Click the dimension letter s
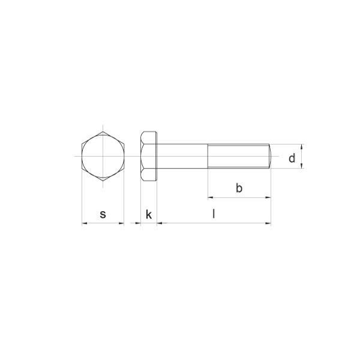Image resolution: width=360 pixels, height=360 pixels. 103,214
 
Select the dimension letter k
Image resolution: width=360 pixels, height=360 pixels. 149,214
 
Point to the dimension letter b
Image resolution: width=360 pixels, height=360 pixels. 239,188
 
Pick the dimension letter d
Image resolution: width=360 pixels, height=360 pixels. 292,158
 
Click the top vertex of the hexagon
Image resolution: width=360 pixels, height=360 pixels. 103,130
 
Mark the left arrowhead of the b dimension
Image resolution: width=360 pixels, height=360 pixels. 211,197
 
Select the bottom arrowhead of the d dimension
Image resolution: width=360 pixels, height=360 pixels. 302,166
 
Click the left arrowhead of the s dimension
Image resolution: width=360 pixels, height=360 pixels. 84,223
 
